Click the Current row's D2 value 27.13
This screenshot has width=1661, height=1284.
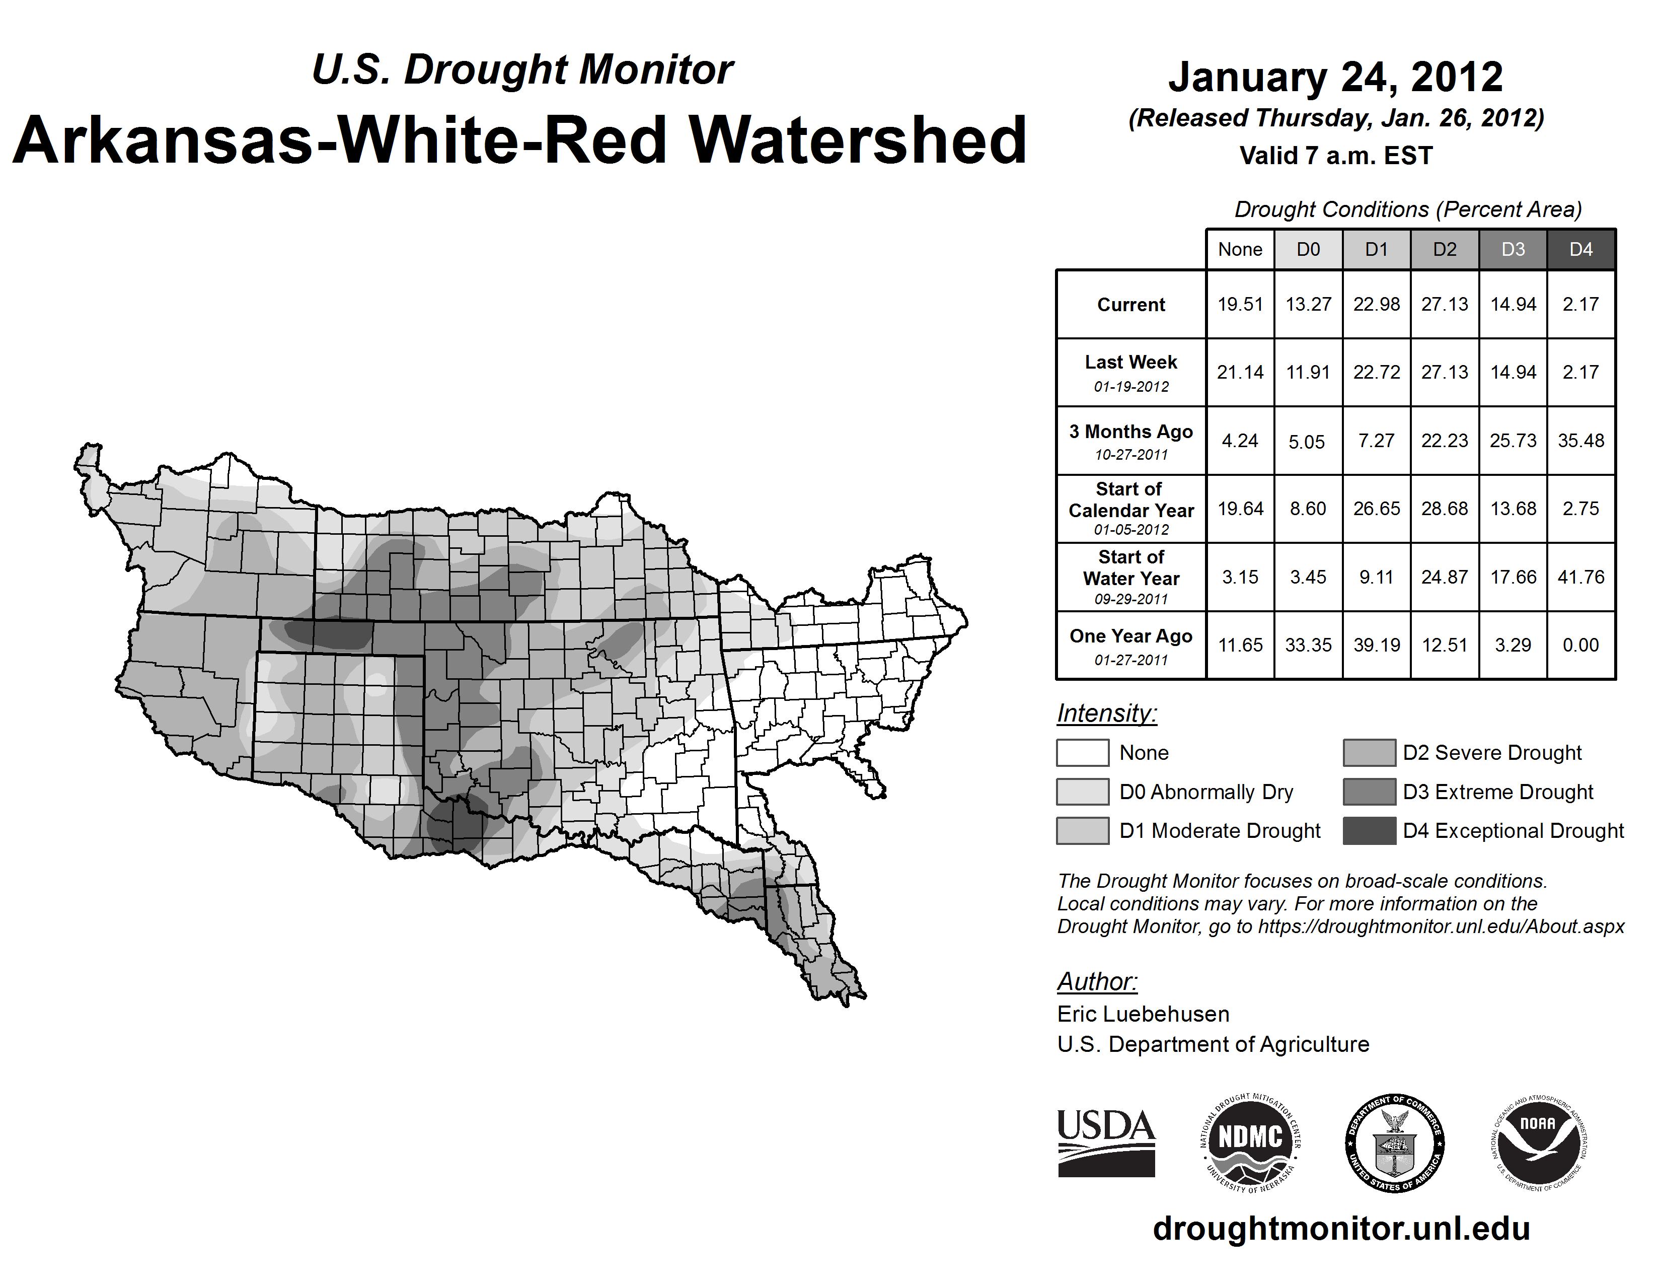tap(1444, 304)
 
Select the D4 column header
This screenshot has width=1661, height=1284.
tap(1580, 249)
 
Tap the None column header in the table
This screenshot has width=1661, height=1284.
tap(1240, 249)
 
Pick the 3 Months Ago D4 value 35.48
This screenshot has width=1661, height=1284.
tap(1580, 441)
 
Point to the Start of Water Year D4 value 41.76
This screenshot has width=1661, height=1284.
tap(1580, 578)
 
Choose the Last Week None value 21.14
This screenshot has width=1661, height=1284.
tap(1240, 372)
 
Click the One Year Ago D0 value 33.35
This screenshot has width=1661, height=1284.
tap(1308, 645)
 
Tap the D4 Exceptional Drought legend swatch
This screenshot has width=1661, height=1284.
tap(1369, 831)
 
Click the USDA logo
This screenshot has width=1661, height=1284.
tap(1106, 1143)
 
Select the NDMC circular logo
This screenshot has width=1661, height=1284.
tap(1250, 1143)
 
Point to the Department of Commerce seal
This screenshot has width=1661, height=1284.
tap(1395, 1143)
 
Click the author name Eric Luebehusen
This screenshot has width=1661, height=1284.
tap(1143, 1014)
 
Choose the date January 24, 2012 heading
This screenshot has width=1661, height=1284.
tap(1335, 77)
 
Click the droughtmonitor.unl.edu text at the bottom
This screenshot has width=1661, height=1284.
tap(1341, 1229)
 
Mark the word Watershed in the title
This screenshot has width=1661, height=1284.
tap(857, 140)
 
